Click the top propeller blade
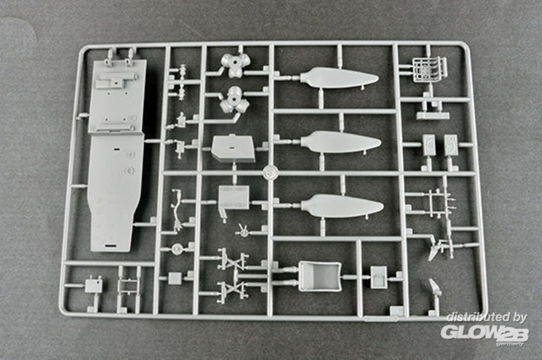click(339, 78)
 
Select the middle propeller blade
click(340, 142)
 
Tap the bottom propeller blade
click(341, 206)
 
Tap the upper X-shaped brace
click(233, 259)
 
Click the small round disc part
click(177, 248)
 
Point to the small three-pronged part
click(243, 230)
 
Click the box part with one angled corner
click(233, 149)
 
